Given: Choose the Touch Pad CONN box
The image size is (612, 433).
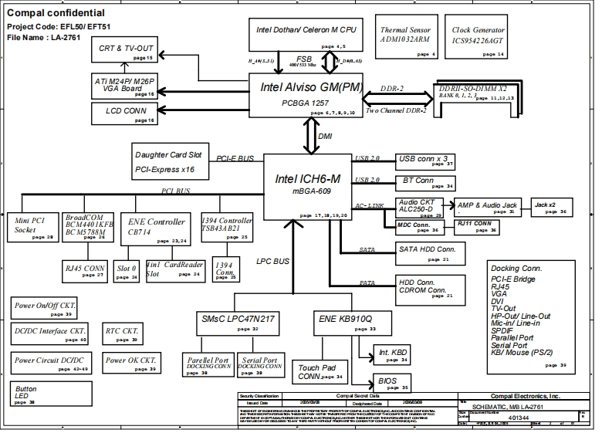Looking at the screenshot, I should click(x=319, y=373).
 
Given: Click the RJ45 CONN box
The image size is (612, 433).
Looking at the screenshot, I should click(x=86, y=271).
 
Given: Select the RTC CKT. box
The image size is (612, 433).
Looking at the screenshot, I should click(x=122, y=333).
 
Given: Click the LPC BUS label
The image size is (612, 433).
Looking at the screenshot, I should click(x=272, y=262).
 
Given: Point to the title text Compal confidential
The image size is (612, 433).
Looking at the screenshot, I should click(x=56, y=13).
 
